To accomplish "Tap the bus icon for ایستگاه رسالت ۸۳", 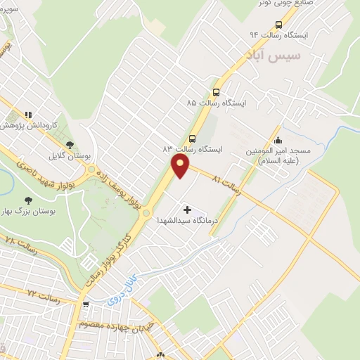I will (x=192, y=138).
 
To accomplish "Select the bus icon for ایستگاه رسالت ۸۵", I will (x=216, y=91).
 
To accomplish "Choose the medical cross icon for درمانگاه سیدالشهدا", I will (x=187, y=210).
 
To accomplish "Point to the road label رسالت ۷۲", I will (x=41, y=291).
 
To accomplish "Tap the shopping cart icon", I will (x=86, y=304).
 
